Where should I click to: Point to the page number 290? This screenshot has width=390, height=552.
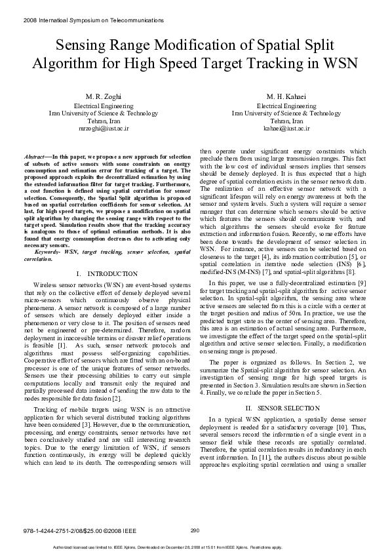pyautogui.click(x=195, y=530)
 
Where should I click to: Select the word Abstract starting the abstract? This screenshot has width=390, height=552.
pyautogui.click(x=35, y=158)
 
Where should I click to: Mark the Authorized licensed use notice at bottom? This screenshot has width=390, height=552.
pyautogui.click(x=195, y=547)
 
